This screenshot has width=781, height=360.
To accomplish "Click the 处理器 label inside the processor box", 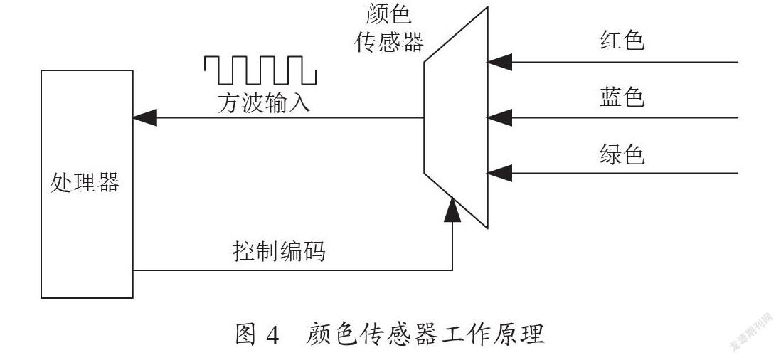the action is (x=85, y=184).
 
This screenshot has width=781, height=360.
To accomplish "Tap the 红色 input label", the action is (x=622, y=40).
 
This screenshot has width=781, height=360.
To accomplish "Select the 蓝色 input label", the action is (x=622, y=97).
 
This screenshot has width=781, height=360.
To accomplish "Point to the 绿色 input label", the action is (x=622, y=154).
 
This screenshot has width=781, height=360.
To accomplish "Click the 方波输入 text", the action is (x=264, y=104).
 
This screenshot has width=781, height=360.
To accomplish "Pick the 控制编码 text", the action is (x=279, y=251).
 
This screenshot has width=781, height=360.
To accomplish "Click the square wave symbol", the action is (x=260, y=70).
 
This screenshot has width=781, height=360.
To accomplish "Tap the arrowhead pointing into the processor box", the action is (x=145, y=118).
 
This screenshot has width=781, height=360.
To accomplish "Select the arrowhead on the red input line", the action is (x=499, y=62).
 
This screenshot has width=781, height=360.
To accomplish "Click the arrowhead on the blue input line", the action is (x=499, y=118).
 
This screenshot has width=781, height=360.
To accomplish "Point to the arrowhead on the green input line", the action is (x=499, y=174).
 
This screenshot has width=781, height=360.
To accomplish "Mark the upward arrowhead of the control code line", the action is (x=452, y=209).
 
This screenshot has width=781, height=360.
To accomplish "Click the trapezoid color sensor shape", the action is (x=456, y=117).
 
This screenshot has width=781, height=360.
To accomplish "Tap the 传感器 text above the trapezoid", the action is (x=389, y=43).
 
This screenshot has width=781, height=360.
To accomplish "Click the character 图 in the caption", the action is (x=247, y=334).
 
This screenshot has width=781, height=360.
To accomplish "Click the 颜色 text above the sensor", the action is (x=389, y=15).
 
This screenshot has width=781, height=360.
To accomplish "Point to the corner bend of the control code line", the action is (x=452, y=270).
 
